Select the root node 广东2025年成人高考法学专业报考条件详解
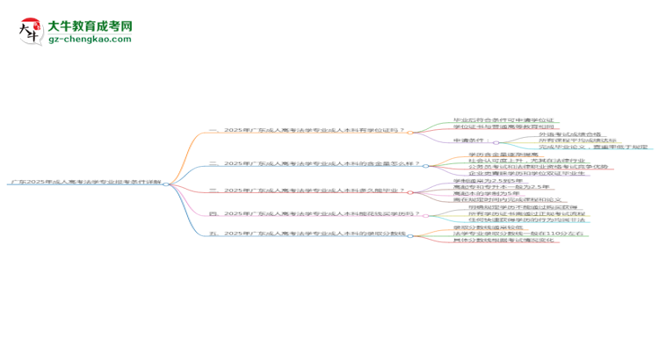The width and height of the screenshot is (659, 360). click(85, 184)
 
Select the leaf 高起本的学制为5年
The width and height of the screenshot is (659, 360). click(484, 193)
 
